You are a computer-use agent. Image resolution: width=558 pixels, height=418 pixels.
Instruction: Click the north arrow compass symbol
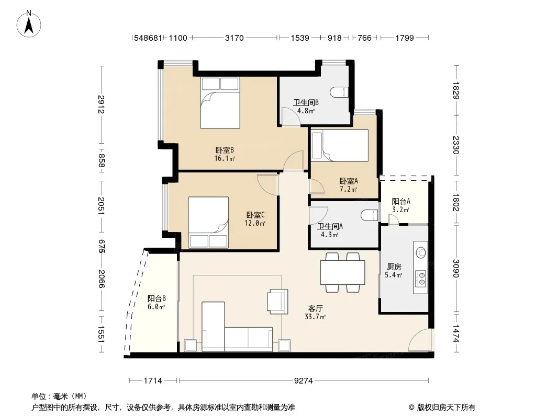pyautogui.click(x=29, y=24)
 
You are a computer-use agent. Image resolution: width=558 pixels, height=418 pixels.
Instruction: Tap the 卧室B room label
pyautogui.click(x=225, y=150)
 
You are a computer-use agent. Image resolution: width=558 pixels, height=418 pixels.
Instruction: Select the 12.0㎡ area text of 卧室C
pyautogui.click(x=255, y=224)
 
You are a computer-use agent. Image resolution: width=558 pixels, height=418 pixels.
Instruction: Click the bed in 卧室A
pyautogui.click(x=340, y=145)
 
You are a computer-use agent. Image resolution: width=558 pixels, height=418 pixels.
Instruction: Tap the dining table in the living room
pyautogui.click(x=342, y=272)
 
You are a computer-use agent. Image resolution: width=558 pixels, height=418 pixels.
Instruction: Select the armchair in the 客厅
pyautogui.click(x=277, y=301)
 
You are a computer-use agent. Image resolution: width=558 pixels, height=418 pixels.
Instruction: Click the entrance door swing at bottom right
pyautogui.click(x=420, y=340)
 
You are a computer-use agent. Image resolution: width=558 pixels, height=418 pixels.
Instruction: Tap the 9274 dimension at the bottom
pyautogui.click(x=303, y=381)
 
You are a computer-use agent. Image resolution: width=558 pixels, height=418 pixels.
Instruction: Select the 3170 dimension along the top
pyautogui.click(x=234, y=38)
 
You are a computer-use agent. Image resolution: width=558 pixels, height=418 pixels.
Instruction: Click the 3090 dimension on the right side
pyautogui.click(x=456, y=269)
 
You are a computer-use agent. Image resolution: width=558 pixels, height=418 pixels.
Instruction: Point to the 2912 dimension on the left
pyautogui.click(x=101, y=104)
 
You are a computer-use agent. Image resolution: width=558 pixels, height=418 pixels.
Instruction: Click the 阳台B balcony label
pyautogui.click(x=157, y=298)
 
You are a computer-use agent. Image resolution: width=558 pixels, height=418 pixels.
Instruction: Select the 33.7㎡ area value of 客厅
pyautogui.click(x=315, y=317)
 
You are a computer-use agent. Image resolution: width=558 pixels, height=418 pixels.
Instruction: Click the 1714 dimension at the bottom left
pyautogui.click(x=153, y=381)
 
